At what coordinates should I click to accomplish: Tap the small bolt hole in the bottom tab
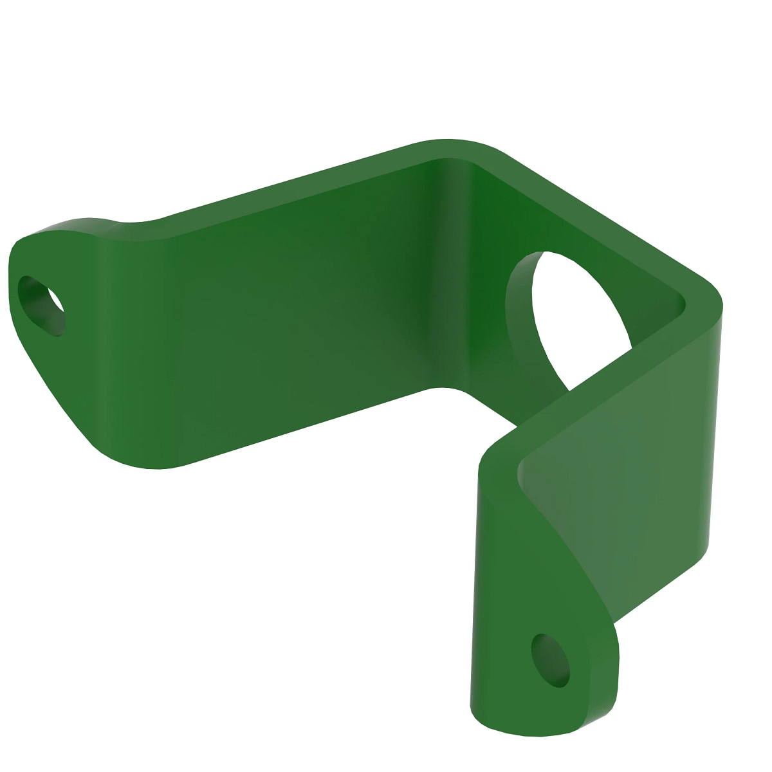pos(550,659)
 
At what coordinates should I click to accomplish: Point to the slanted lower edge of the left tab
pos(58,392)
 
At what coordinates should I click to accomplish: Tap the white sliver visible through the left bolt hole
pos(57,302)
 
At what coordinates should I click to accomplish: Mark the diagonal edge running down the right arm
pos(566,553)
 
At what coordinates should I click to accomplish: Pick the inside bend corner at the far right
pos(682,302)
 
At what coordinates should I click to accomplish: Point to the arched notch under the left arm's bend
pos(444,390)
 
